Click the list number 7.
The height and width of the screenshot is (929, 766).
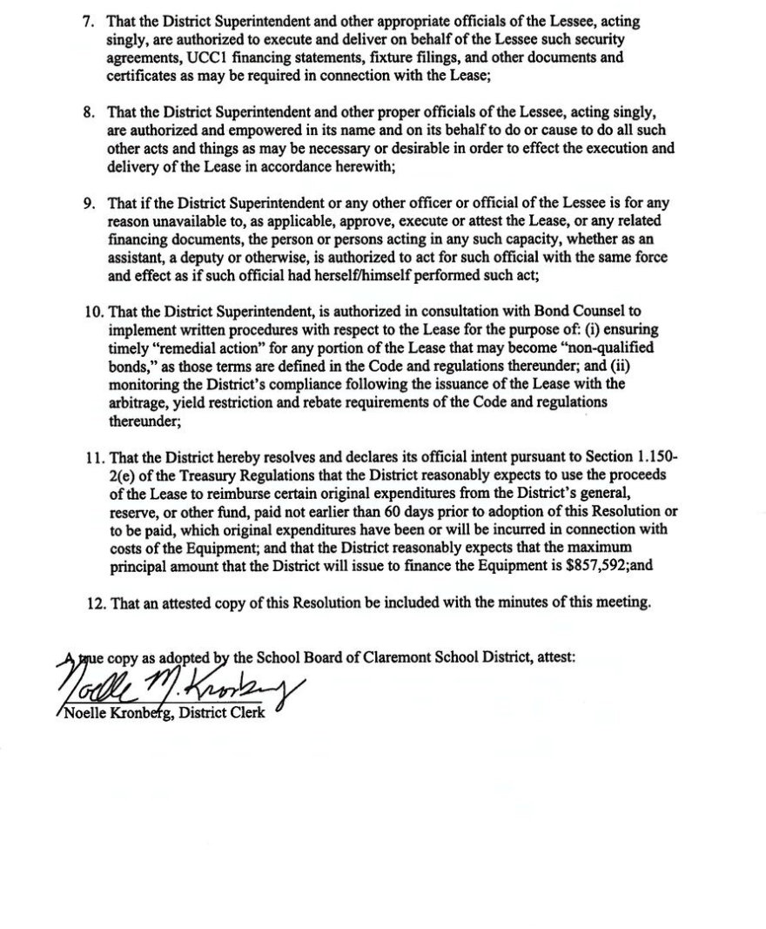point(88,20)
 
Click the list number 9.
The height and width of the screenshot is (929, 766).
point(88,204)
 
